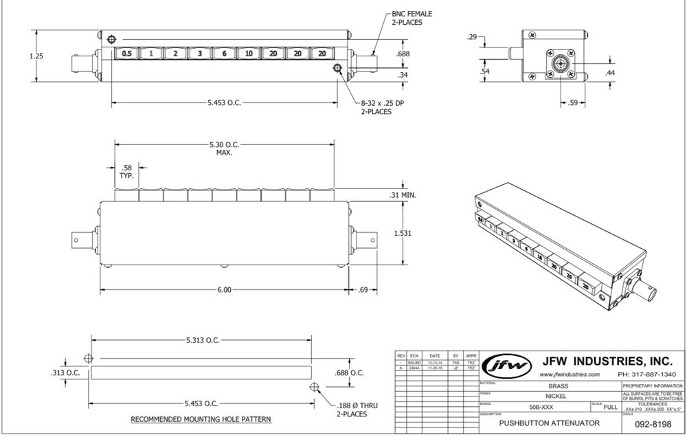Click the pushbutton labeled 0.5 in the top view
(126, 54)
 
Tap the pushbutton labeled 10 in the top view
(248, 54)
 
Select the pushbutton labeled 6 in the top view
(224, 54)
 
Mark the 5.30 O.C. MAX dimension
(225, 148)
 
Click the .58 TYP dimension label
(126, 172)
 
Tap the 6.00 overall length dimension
(225, 290)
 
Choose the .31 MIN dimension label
(403, 194)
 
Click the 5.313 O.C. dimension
(203, 340)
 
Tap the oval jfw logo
(508, 366)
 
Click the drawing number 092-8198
(652, 425)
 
